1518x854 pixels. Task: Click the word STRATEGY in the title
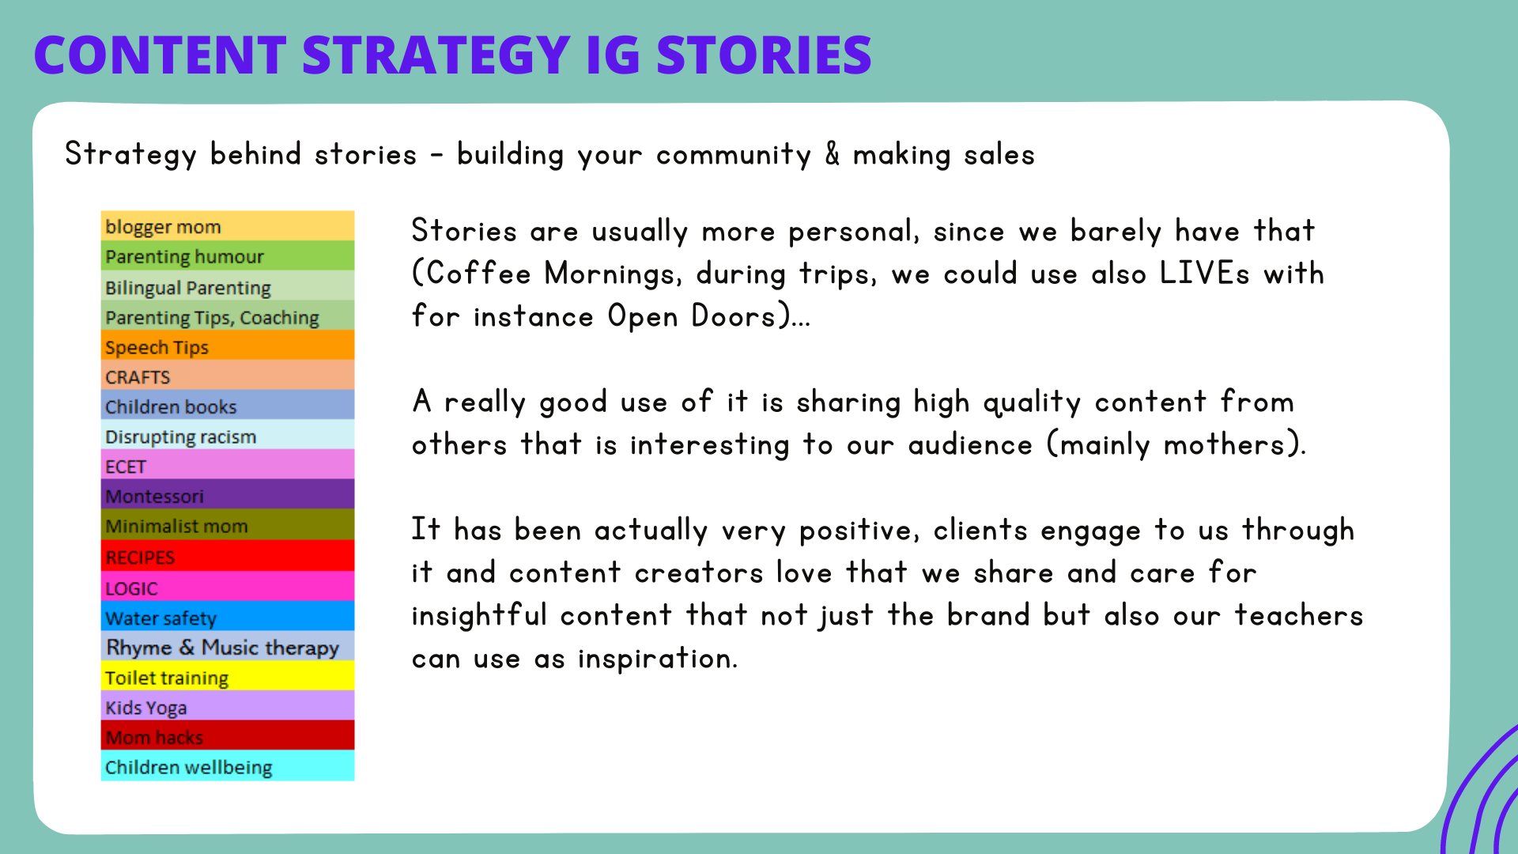(x=436, y=55)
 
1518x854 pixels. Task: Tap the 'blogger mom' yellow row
(x=228, y=226)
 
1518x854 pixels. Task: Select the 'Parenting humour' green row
(x=228, y=256)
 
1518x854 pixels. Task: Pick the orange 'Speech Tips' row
(x=228, y=346)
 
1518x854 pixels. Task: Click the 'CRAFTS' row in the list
(x=228, y=376)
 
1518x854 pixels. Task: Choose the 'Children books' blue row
(x=228, y=405)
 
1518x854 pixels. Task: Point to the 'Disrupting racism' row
(x=228, y=435)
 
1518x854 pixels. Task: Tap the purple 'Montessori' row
(x=228, y=495)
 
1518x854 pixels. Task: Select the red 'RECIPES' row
(x=228, y=556)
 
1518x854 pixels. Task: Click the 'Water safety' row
(x=228, y=617)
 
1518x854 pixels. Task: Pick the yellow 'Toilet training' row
(x=228, y=676)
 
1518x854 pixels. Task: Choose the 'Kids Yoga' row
(x=228, y=706)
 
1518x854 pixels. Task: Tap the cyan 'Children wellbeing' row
(x=228, y=766)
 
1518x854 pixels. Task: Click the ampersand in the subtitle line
(x=833, y=154)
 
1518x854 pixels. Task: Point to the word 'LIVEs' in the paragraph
(x=1205, y=274)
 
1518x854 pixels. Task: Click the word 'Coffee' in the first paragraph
(x=479, y=274)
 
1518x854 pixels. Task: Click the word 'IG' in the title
(x=613, y=55)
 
